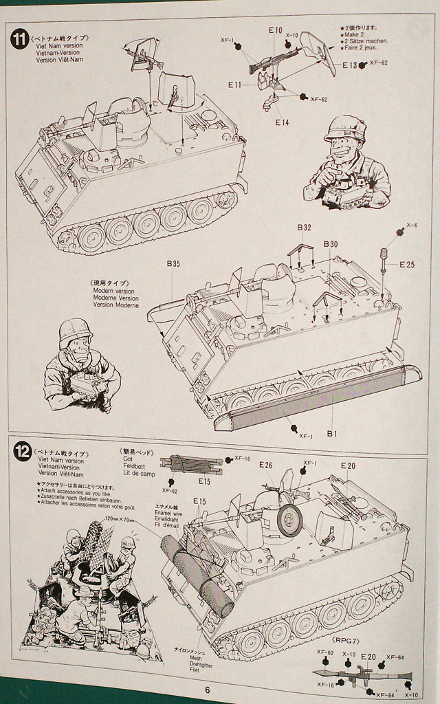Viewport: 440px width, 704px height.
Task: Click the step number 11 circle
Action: pyautogui.click(x=20, y=38)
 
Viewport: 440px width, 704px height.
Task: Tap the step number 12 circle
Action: pyautogui.click(x=22, y=452)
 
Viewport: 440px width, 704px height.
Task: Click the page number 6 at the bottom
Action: pyautogui.click(x=206, y=691)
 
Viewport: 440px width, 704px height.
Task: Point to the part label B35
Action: pyautogui.click(x=173, y=264)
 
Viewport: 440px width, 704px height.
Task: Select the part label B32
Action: pyautogui.click(x=305, y=228)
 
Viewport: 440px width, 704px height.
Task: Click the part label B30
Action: pyautogui.click(x=331, y=245)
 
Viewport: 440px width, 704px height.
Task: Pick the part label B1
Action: pyautogui.click(x=331, y=434)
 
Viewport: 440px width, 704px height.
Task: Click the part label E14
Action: pyautogui.click(x=282, y=122)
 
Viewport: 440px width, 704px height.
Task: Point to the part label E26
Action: pyautogui.click(x=266, y=465)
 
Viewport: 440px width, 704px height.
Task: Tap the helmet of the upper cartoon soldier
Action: pyautogui.click(x=345, y=128)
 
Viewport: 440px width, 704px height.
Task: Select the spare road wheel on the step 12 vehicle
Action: pyautogui.click(x=290, y=520)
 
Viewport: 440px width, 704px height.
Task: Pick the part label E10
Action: pyautogui.click(x=275, y=30)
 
